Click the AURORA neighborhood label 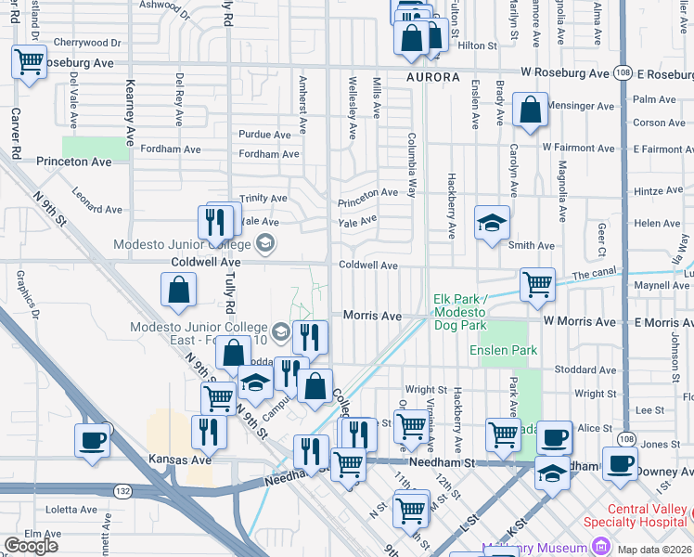point(432,77)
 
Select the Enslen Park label point(503,350)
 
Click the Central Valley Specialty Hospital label point(636,515)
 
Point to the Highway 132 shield point(122,489)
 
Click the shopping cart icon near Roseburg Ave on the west point(29,62)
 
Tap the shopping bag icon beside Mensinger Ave point(528,110)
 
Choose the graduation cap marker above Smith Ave point(493,223)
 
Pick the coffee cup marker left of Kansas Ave point(92,440)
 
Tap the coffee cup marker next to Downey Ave point(620,460)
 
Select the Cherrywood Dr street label point(87,43)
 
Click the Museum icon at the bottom point(602,540)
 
